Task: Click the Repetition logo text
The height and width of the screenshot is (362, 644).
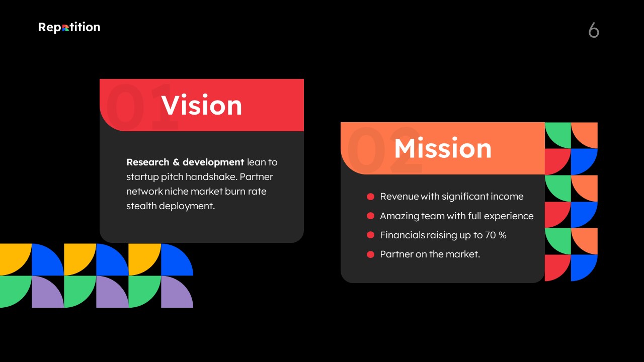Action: tap(69, 27)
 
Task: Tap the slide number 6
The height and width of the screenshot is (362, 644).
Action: tap(594, 30)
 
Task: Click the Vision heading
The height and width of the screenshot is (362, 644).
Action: tap(202, 105)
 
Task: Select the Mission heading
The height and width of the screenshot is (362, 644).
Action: tap(443, 148)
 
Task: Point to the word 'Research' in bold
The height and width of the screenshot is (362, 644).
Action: tap(148, 162)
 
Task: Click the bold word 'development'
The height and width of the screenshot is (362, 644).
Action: tap(213, 162)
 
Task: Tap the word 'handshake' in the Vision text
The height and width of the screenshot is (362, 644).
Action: tap(211, 176)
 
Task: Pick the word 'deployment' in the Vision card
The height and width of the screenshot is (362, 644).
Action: tap(187, 206)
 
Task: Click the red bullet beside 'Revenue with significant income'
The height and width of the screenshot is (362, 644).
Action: tap(371, 197)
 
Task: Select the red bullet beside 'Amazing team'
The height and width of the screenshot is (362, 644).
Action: tap(371, 216)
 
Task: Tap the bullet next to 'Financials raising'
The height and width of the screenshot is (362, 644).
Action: tap(371, 235)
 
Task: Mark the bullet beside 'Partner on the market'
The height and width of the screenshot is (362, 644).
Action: tap(371, 254)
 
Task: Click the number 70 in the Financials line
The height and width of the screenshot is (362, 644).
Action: tap(491, 235)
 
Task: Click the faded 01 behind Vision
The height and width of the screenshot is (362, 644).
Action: tap(141, 107)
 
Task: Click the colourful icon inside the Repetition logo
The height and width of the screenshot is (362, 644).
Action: tap(65, 28)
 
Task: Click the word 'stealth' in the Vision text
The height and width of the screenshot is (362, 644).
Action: tap(141, 206)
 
